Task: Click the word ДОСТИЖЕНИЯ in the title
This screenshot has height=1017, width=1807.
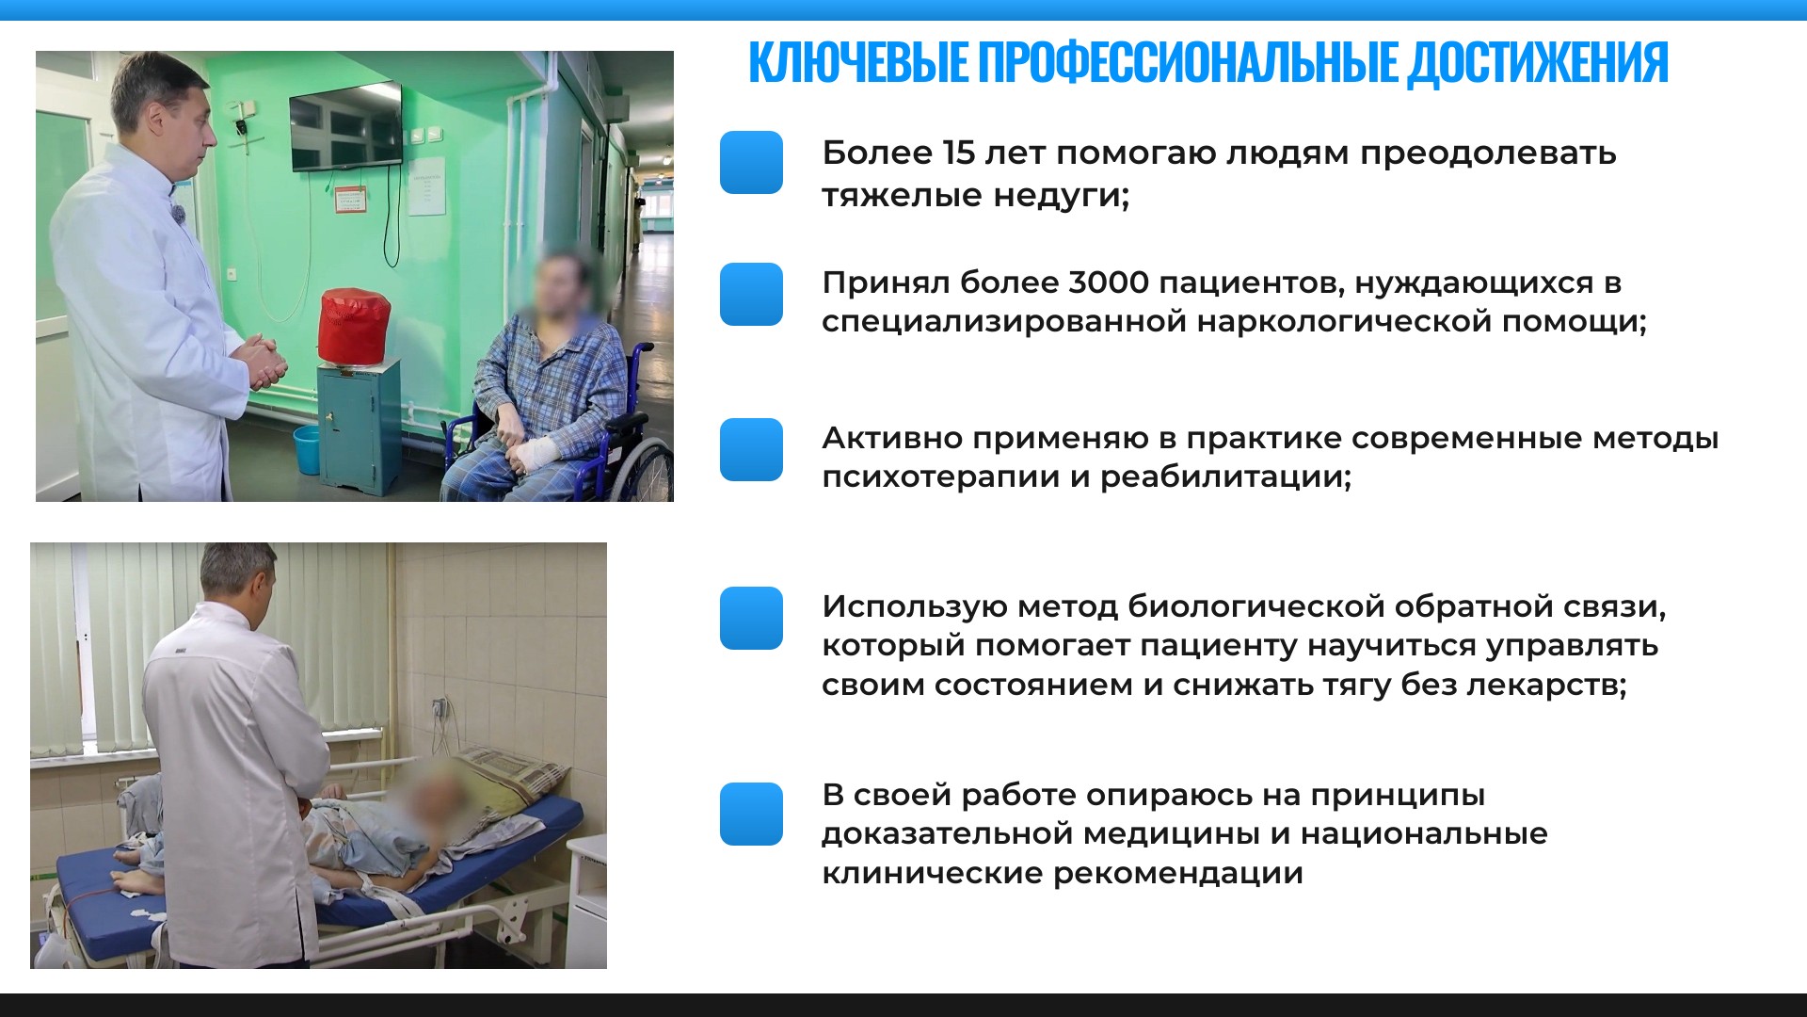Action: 1538,63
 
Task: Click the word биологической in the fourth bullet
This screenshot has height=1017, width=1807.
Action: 1255,606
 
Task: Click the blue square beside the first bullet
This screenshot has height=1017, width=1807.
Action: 751,162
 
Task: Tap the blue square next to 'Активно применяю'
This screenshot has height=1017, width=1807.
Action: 751,449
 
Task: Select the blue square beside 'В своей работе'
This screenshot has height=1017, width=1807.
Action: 751,814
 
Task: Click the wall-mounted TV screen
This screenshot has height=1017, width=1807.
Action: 345,127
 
